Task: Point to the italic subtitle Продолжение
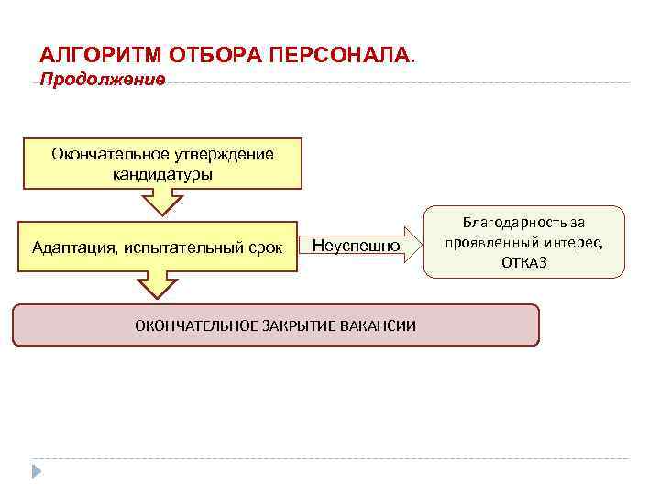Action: pos(103,80)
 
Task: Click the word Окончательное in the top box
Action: pos(104,154)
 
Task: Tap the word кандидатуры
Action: pos(162,173)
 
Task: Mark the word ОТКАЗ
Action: pos(524,262)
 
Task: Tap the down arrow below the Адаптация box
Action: pos(162,284)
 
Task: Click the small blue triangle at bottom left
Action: pos(37,471)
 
